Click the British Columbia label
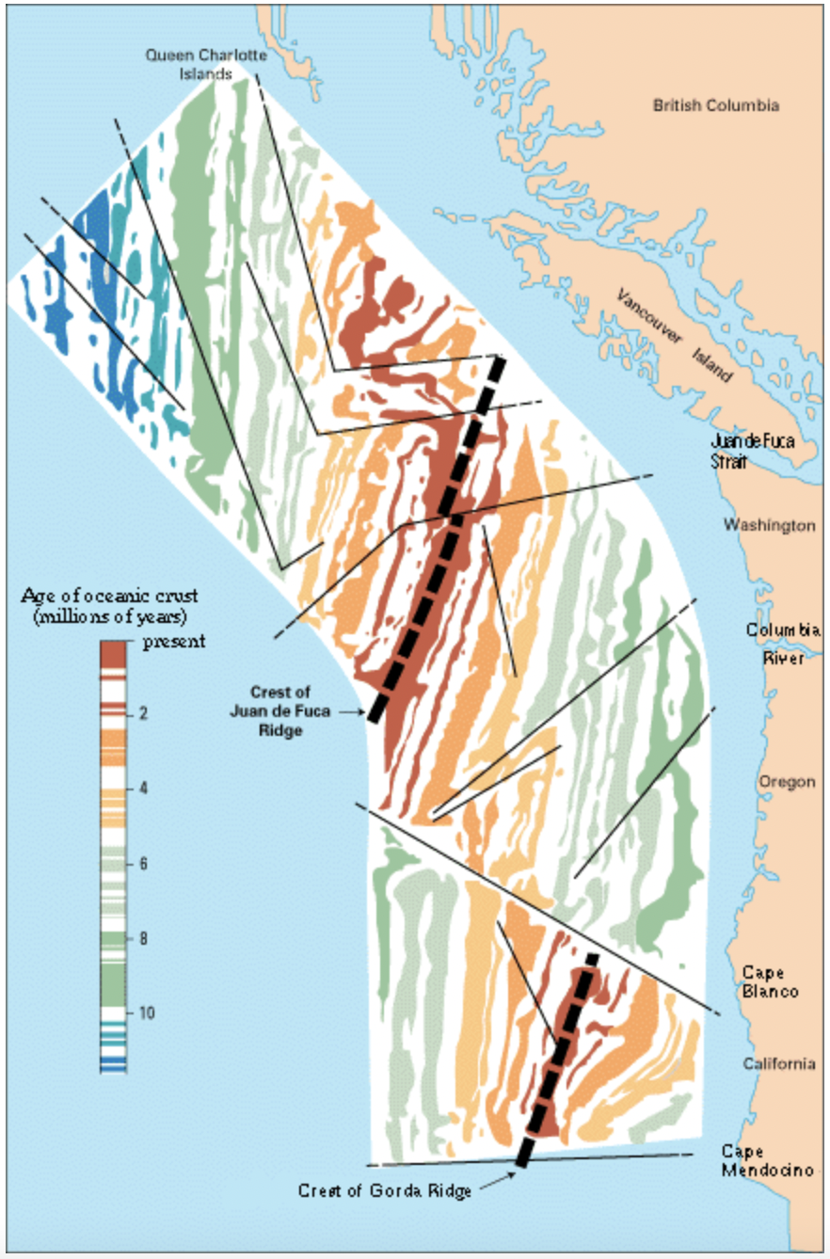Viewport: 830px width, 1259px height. (715, 105)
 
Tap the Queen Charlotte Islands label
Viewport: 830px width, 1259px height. (207, 64)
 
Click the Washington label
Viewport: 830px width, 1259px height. (769, 525)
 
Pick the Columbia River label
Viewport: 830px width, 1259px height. (783, 644)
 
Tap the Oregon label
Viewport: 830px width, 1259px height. (788, 782)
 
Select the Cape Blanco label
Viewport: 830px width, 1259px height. (771, 981)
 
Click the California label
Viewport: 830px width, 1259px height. (778, 1064)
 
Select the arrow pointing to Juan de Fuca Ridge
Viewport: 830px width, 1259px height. (351, 713)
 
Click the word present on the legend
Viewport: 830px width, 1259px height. (174, 643)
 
